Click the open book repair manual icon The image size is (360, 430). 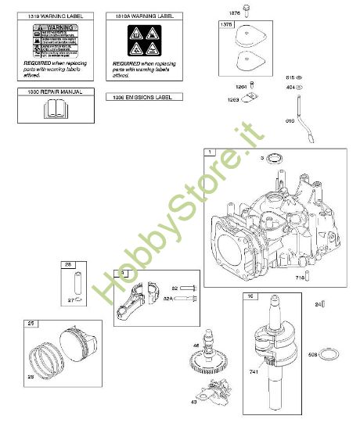click(x=54, y=109)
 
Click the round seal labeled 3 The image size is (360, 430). click(x=274, y=160)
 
